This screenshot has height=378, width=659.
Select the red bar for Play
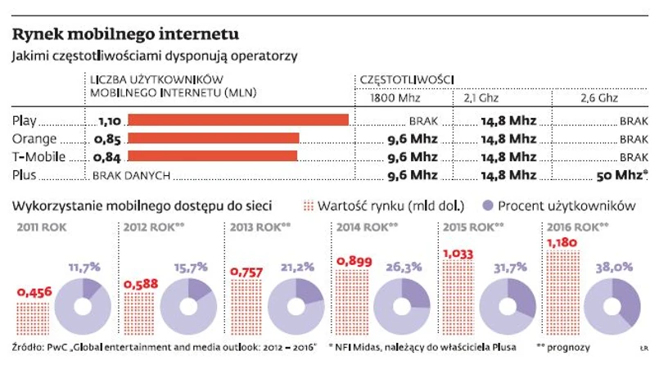coord(238,120)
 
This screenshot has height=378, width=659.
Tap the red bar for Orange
coord(214,138)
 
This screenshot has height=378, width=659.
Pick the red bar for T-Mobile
coord(213,156)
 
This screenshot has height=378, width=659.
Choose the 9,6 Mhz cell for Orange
coord(411,138)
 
